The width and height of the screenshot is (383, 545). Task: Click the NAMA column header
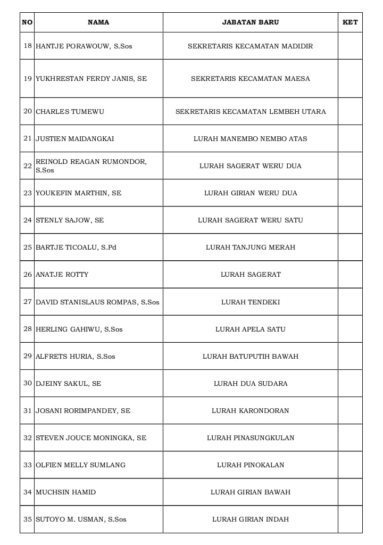(98, 22)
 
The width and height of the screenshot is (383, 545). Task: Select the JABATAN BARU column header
(250, 22)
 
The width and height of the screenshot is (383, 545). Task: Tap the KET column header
(350, 22)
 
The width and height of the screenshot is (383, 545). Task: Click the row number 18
(28, 46)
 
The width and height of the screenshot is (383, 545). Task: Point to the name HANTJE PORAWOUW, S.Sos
(84, 46)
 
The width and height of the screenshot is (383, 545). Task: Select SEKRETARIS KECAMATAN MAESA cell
(250, 79)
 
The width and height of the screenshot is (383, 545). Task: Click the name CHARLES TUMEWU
(70, 112)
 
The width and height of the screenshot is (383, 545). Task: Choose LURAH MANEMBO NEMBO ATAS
(250, 139)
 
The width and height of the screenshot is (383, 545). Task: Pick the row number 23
(28, 193)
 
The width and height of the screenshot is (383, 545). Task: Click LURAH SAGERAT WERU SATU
(250, 220)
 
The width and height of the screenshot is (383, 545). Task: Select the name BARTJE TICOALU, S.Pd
(76, 247)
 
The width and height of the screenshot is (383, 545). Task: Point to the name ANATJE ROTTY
(62, 275)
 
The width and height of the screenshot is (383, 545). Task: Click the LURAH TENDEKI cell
(250, 302)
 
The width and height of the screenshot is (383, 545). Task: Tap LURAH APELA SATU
(250, 329)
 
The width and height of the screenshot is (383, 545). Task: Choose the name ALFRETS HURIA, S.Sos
(76, 357)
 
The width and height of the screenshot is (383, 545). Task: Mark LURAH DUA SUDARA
(250, 384)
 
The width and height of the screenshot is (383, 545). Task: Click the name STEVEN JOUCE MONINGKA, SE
(91, 438)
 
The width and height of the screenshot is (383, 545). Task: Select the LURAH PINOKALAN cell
(250, 465)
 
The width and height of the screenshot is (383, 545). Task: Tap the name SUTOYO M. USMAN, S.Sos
(81, 519)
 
